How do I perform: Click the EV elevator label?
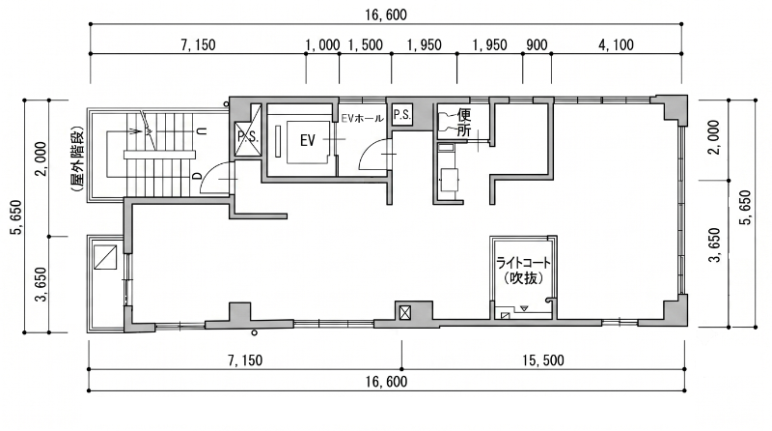coord(307,140)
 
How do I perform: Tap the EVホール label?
coord(363,118)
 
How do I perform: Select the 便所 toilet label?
coord(464,123)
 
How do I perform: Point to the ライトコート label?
coord(523,262)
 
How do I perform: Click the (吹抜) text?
coord(523,278)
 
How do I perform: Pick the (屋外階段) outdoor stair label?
coord(77,158)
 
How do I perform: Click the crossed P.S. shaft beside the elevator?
coord(248,137)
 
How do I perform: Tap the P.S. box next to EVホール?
coord(401,115)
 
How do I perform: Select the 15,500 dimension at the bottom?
coord(543,360)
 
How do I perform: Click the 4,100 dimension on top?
coord(616,44)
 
